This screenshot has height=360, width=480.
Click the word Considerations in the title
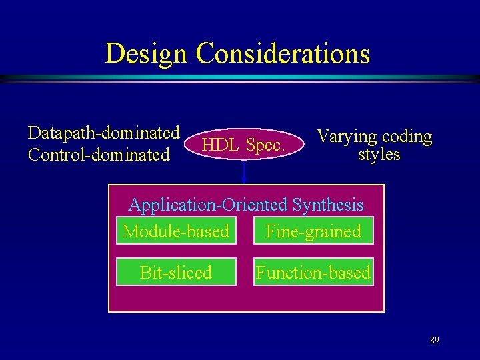click(283, 54)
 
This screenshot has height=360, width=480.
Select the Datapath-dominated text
click(103, 132)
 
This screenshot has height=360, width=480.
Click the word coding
click(407, 137)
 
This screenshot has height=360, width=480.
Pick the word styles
click(379, 155)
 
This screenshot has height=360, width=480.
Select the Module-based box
click(176, 231)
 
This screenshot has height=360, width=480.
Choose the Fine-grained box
click(313, 231)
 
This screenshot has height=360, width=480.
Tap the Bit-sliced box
click(176, 272)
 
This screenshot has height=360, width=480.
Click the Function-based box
click(313, 272)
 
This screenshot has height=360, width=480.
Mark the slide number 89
click(434, 340)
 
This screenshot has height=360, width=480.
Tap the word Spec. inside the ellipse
click(265, 145)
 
